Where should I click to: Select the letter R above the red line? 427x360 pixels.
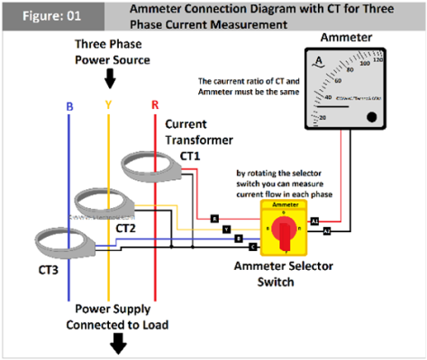[155, 104]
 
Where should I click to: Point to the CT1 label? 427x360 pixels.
[190, 155]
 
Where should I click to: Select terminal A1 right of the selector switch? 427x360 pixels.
[314, 220]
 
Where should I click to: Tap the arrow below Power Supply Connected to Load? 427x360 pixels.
[118, 343]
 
